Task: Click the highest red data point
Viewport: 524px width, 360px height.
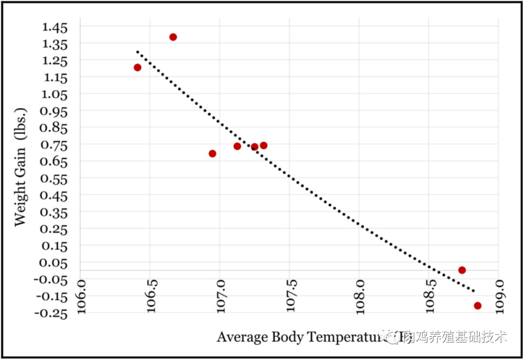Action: [173, 37]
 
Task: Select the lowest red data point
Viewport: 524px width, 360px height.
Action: [477, 306]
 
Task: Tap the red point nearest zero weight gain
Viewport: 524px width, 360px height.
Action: [462, 270]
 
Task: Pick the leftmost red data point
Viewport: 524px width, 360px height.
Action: [137, 67]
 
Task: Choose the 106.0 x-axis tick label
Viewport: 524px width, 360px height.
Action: [81, 297]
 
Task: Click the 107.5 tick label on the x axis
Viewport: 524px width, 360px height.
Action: [290, 297]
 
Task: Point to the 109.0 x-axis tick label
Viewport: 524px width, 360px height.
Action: [499, 297]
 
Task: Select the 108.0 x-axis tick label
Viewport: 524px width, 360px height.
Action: [360, 297]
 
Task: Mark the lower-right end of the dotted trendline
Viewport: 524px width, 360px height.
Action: [474, 291]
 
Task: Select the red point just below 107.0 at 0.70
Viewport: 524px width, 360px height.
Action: [212, 153]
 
